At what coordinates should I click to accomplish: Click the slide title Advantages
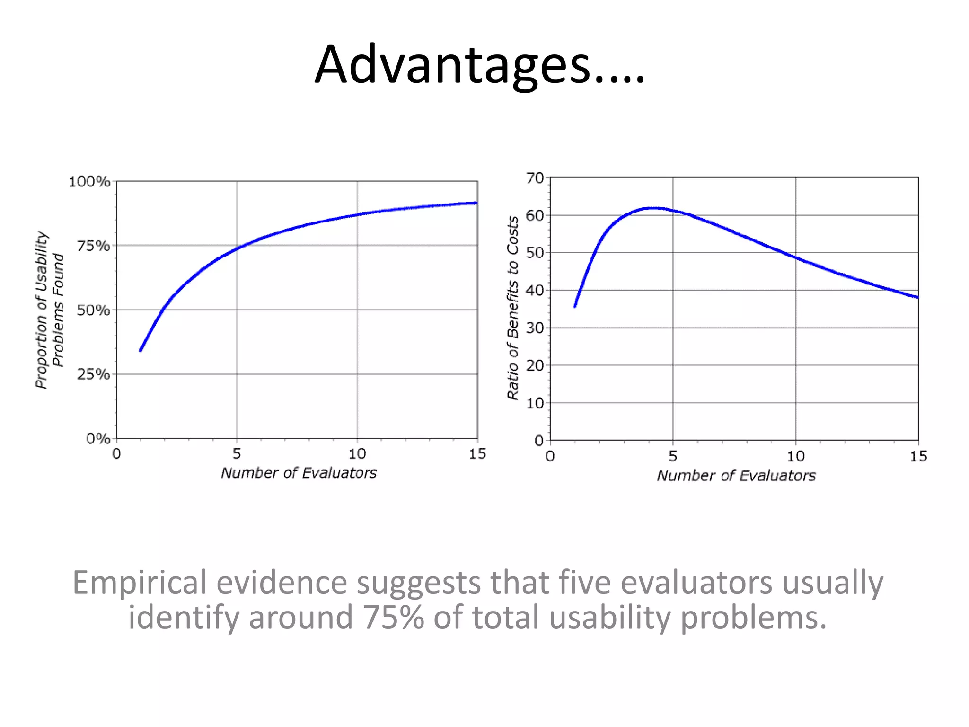(x=479, y=65)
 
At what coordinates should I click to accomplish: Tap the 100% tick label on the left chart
(x=89, y=182)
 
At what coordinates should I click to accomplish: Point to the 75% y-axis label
(x=93, y=246)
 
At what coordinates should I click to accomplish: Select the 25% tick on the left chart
(x=93, y=374)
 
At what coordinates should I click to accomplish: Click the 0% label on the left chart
(x=97, y=439)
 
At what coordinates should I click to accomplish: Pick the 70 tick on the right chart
(x=535, y=178)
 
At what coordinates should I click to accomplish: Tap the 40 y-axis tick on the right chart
(x=535, y=290)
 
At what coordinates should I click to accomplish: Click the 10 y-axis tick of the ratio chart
(x=535, y=403)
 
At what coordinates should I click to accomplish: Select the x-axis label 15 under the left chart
(x=477, y=454)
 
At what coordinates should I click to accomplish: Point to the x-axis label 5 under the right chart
(x=672, y=456)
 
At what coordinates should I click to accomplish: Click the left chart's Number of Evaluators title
(x=299, y=473)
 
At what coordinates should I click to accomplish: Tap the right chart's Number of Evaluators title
(x=736, y=476)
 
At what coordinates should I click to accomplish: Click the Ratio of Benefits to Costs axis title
(x=513, y=308)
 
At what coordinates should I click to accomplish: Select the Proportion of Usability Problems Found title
(x=49, y=310)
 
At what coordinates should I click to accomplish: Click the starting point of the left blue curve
(x=141, y=350)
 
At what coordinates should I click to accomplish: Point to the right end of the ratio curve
(x=917, y=297)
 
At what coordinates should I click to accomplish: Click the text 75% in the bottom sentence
(x=393, y=617)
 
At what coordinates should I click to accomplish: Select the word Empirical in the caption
(x=140, y=582)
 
